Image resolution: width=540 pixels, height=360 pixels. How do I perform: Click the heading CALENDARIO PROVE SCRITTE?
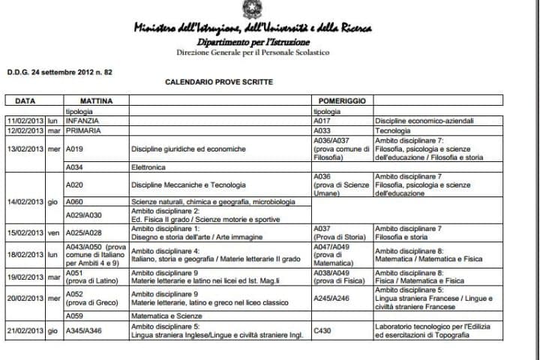pos(219,82)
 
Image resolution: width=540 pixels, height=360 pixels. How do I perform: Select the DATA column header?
pos(25,100)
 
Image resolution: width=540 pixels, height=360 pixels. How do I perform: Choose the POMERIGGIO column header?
pos(342,100)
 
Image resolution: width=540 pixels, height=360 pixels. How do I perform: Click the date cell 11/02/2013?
pos(26,120)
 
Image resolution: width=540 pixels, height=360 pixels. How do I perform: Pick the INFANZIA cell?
pos(82,120)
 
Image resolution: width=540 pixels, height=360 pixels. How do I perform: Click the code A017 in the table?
pos(322,120)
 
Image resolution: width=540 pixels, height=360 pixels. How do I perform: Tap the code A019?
pos(74,148)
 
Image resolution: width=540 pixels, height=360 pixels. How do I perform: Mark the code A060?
pos(74,202)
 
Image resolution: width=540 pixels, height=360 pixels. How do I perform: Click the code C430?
pos(322,328)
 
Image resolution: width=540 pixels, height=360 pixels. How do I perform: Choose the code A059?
pos(74,315)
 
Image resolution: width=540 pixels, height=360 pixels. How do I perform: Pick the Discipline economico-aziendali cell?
pos(425,120)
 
